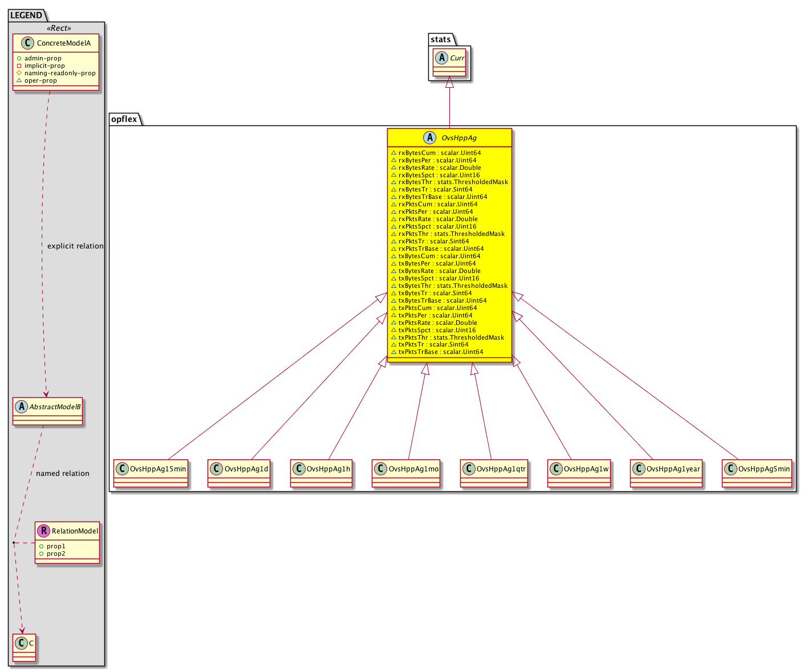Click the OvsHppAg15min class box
click(151, 473)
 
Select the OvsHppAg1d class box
click(239, 473)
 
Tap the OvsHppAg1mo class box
click(406, 473)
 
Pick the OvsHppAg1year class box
click(666, 473)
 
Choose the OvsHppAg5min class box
click(757, 473)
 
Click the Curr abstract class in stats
click(449, 62)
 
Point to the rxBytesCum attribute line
click(436, 153)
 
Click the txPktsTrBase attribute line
click(437, 352)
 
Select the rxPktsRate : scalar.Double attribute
click(435, 219)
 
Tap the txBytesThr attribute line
click(449, 286)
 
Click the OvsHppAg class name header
click(449, 137)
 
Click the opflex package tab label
click(124, 119)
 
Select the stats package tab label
click(440, 39)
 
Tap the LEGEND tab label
click(26, 15)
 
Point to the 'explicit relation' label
click(75, 246)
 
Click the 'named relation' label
click(63, 473)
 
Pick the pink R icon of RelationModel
click(44, 531)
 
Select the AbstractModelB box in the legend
click(47, 411)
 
